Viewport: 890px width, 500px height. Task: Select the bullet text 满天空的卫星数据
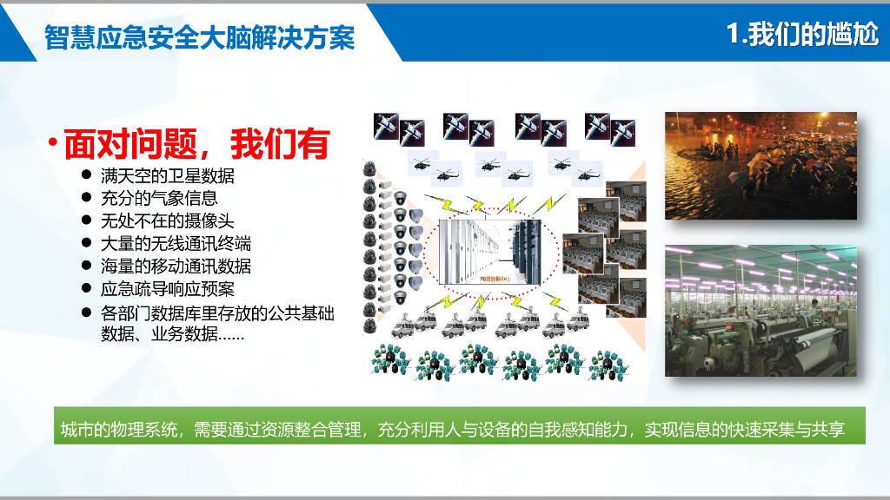(x=167, y=176)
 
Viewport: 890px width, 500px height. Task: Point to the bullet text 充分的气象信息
(x=159, y=199)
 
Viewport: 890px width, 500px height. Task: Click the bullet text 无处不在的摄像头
(x=167, y=221)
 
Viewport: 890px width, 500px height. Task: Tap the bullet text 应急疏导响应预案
(x=167, y=289)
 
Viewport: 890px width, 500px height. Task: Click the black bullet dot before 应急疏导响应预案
(x=87, y=288)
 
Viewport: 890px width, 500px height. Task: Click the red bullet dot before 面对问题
(x=53, y=142)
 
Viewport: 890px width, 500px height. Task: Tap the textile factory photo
(x=760, y=311)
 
